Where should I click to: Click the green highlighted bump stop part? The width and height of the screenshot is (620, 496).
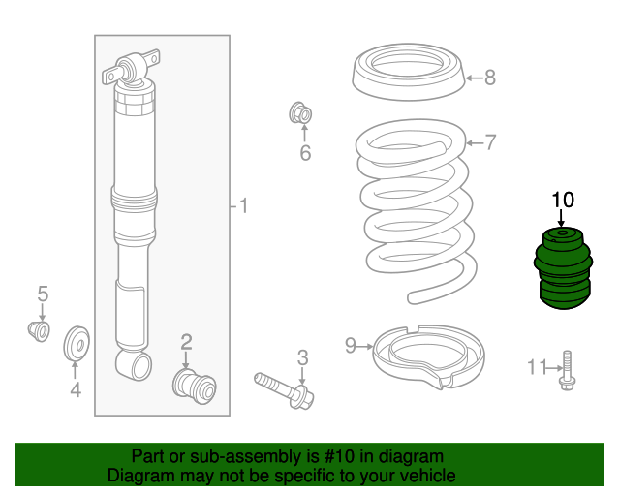563,268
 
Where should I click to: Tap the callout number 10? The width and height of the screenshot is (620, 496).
562,200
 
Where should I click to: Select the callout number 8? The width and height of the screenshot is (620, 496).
490,77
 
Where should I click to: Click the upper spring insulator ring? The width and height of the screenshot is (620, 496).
409,72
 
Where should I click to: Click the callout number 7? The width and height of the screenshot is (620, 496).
490,142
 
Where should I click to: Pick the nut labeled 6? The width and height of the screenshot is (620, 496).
300,112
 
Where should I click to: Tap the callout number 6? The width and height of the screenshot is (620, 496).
305,153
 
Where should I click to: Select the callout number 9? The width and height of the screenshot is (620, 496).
351,345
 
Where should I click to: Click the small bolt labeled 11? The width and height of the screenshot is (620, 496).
568,371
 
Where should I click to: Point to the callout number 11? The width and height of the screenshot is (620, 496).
537,367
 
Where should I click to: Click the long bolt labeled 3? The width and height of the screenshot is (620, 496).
284,389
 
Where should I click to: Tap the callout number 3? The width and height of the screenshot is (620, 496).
302,357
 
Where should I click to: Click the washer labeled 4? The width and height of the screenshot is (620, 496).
77,343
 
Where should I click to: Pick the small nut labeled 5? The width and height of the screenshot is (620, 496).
39,331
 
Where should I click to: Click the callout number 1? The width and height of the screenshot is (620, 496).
243,206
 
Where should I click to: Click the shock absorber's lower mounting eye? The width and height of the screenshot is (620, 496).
135,364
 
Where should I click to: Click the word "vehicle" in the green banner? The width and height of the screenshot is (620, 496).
430,475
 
